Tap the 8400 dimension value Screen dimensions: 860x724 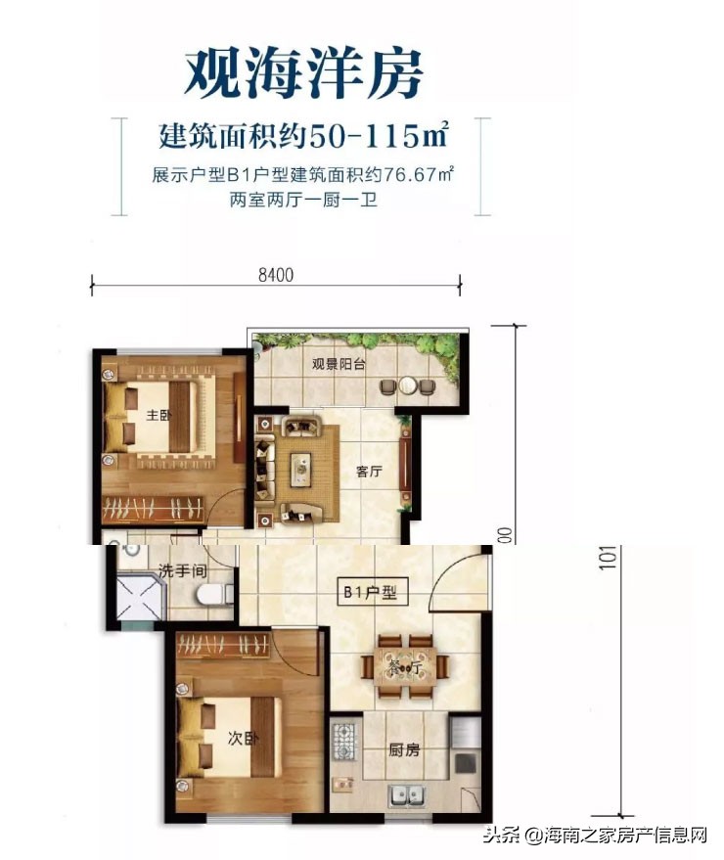[x=276, y=277]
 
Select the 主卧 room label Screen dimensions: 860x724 [x=158, y=416]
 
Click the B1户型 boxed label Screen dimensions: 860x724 [x=370, y=593]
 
